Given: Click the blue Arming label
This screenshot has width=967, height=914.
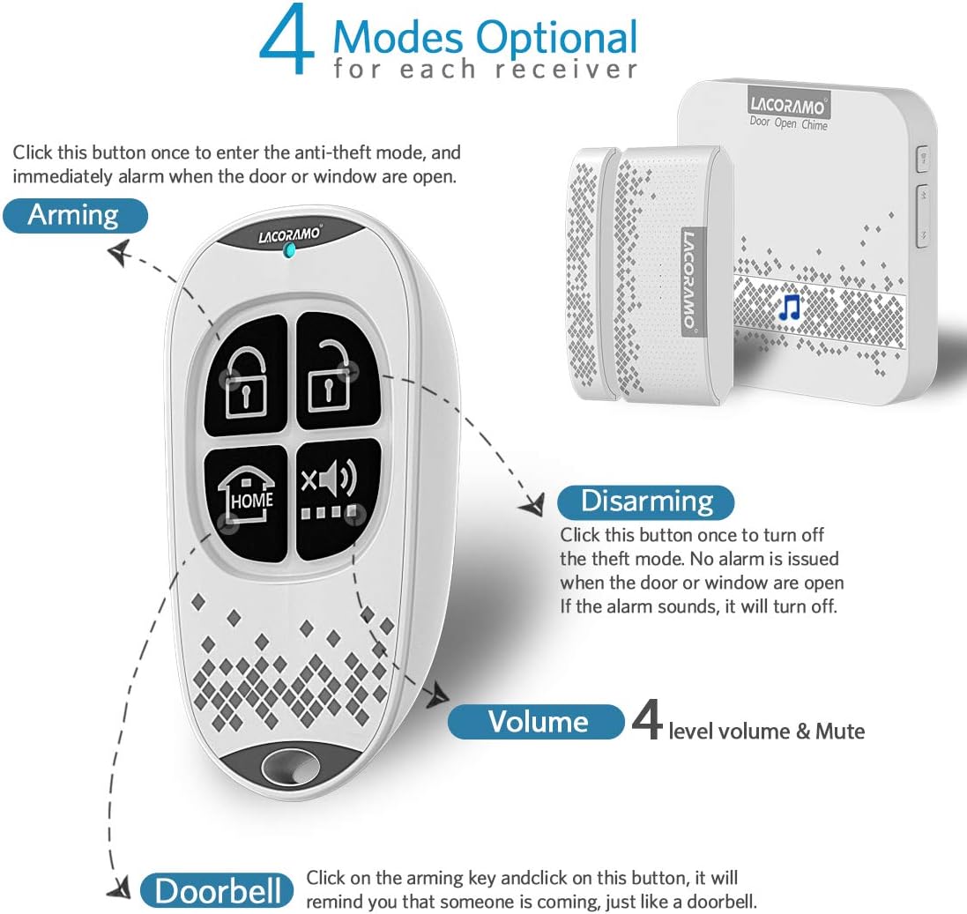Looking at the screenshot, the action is click(74, 215).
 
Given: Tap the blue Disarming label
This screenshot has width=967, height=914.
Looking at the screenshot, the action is click(646, 502).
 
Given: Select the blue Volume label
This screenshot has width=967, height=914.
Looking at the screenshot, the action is click(537, 722).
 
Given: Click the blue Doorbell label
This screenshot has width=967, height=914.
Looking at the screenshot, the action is click(217, 891).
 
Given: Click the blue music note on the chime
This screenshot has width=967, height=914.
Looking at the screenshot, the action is click(790, 307).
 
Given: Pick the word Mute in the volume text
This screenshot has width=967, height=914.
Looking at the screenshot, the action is click(839, 731).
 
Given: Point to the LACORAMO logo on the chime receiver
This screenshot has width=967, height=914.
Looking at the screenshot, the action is click(788, 107).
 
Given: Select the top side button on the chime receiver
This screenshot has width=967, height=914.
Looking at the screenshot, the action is click(922, 159).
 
